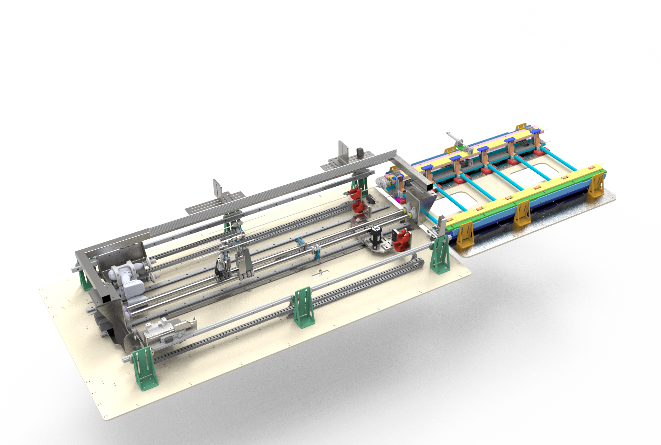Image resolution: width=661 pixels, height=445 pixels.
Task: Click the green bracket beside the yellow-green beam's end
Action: tap(440, 254)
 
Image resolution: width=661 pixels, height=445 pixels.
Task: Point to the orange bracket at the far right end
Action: tap(596, 186)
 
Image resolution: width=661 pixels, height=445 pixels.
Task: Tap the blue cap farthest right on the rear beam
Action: tap(534, 131)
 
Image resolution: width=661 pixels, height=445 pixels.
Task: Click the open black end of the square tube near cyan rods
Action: tap(429, 185)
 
